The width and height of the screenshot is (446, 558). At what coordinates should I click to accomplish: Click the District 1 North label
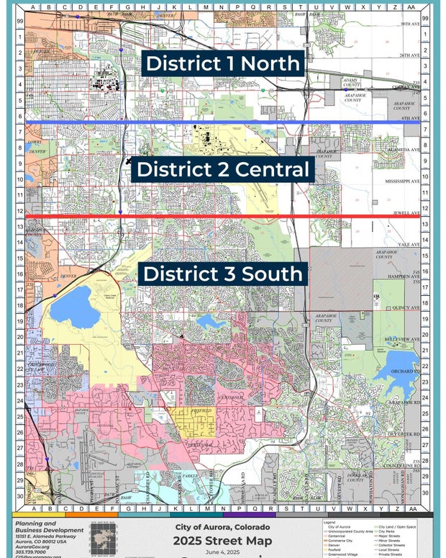(x=222, y=63)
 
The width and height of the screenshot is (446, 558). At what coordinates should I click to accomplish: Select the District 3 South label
(x=222, y=274)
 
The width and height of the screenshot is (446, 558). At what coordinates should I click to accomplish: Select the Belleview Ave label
(x=402, y=338)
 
